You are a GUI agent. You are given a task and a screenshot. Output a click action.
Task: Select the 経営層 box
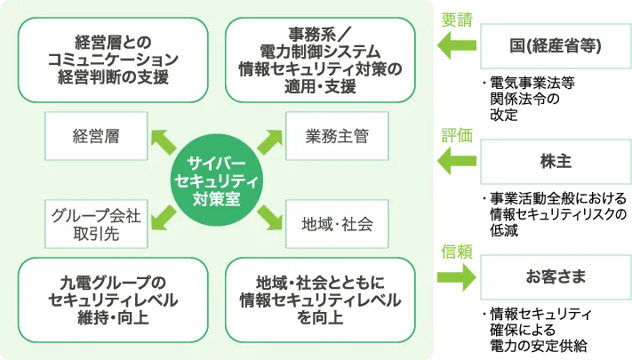(x=97, y=137)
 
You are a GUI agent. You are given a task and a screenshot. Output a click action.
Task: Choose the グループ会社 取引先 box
(x=97, y=224)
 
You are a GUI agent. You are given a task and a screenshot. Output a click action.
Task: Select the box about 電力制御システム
(x=320, y=59)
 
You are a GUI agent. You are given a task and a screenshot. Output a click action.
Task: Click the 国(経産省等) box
(x=555, y=46)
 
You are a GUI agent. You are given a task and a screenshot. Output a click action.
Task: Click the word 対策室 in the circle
(x=217, y=200)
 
